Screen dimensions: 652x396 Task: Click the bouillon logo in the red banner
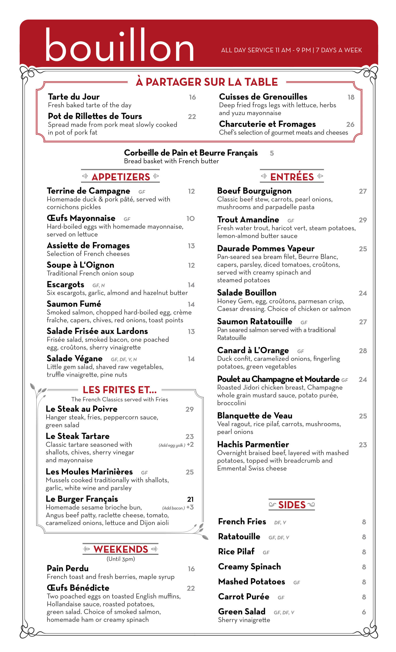(120, 45)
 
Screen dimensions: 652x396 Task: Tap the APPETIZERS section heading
(121, 177)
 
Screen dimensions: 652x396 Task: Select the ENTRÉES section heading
(292, 177)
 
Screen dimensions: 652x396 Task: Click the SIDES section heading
(292, 505)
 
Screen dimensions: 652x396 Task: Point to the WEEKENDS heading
(121, 549)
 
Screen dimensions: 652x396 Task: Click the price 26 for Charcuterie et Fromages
(350, 124)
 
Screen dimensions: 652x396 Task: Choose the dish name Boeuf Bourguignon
(254, 191)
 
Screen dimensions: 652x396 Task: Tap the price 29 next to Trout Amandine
(363, 220)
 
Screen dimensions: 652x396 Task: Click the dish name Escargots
(65, 285)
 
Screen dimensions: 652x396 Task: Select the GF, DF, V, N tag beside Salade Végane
(124, 359)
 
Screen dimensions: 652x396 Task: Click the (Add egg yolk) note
(172, 445)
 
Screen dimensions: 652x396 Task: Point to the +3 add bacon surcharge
(190, 507)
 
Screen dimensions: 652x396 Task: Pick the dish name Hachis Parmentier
(253, 444)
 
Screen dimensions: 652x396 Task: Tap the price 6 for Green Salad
(364, 612)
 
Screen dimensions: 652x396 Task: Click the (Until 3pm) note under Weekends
(121, 559)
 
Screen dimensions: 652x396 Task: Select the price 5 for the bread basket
(272, 153)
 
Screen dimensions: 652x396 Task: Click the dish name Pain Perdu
(68, 568)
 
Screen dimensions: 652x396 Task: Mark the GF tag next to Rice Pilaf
(266, 553)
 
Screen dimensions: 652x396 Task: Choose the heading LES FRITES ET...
(120, 390)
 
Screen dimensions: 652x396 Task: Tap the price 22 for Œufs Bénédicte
(191, 588)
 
